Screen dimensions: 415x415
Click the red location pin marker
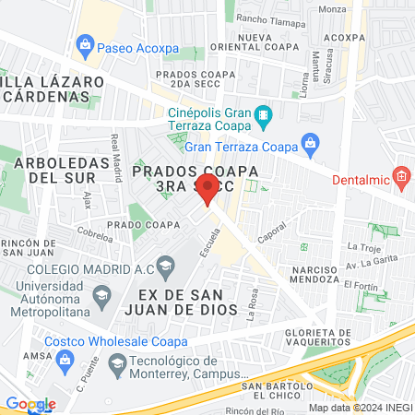(207, 189)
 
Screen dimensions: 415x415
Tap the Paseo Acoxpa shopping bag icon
(86, 43)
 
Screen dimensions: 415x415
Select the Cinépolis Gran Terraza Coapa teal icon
(265, 116)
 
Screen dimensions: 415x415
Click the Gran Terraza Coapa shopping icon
(311, 145)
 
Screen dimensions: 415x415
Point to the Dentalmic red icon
(401, 175)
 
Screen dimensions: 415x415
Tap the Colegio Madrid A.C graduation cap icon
(165, 268)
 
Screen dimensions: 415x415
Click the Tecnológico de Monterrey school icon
(116, 367)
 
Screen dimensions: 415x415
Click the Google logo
(30, 404)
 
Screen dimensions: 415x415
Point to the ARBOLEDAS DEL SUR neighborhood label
(53, 169)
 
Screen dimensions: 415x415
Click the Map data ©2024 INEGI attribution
(360, 407)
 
